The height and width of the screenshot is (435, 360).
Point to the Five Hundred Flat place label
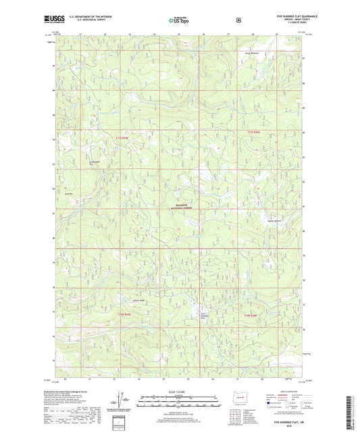tap(203, 314)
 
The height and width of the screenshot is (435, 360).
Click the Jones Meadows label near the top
tap(252, 52)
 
